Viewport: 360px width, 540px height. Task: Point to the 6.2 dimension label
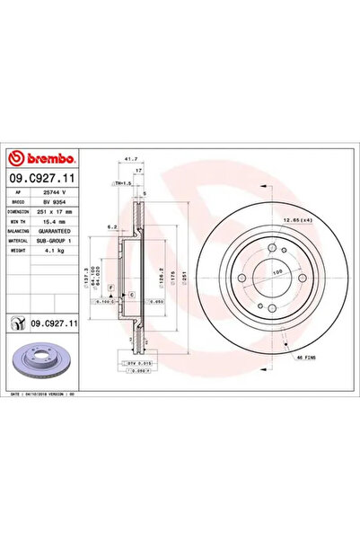click(111, 227)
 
